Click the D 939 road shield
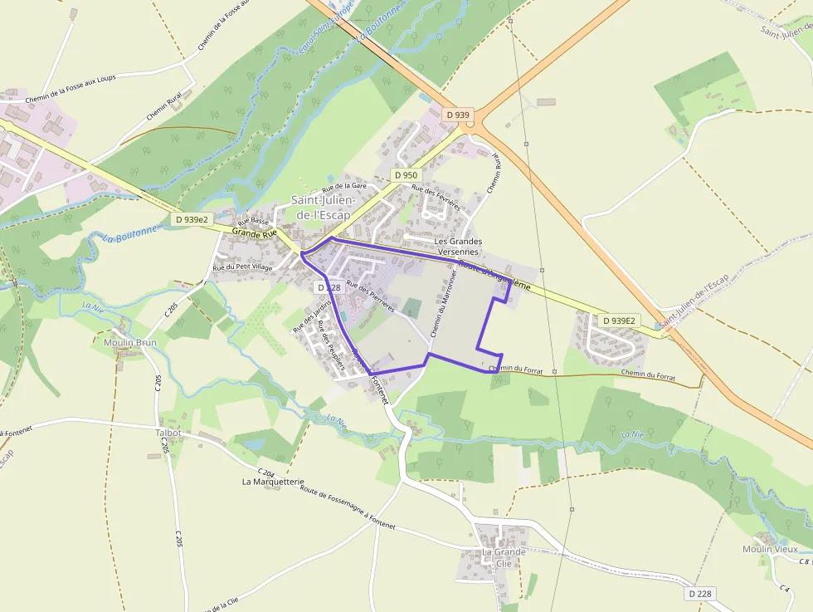458,115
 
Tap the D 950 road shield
406,175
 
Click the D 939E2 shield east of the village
619,320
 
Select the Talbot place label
168,433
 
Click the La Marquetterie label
274,482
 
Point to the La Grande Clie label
504,557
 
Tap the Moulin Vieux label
770,549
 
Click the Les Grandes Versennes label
458,246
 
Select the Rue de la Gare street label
344,187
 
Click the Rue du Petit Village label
242,267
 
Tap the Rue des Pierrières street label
370,295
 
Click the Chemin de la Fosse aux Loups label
81,88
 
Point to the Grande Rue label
255,234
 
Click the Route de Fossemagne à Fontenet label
348,508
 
